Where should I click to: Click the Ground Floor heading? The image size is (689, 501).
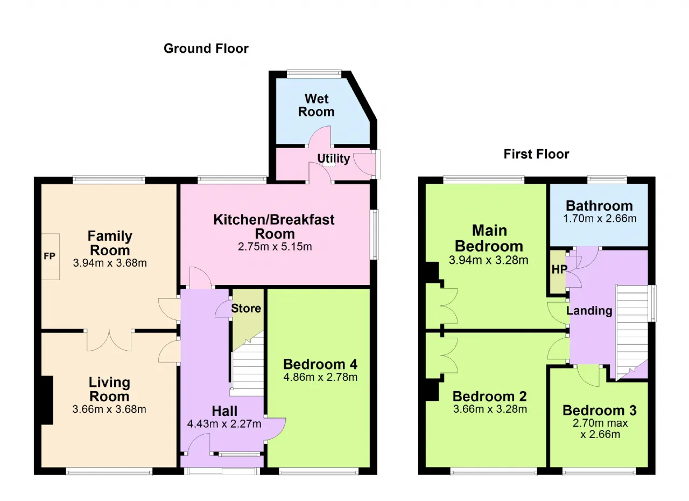click(206, 48)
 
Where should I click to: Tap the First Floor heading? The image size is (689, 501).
click(536, 154)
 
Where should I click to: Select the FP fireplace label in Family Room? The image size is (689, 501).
click(50, 256)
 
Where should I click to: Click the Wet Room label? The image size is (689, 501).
click(316, 105)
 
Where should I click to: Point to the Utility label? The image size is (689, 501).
click(333, 159)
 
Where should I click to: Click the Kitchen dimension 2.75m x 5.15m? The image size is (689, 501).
click(275, 247)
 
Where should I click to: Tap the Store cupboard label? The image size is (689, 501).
click(246, 308)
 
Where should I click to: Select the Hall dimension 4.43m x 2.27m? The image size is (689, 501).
click(224, 424)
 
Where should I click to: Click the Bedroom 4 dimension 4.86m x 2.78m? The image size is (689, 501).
click(320, 377)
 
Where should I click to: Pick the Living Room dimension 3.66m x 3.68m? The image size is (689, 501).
click(109, 409)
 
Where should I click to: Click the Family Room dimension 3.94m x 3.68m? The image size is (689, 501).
click(110, 263)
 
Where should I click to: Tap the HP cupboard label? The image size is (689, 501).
click(559, 269)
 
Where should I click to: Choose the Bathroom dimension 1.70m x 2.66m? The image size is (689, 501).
click(600, 219)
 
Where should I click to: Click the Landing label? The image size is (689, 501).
click(589, 311)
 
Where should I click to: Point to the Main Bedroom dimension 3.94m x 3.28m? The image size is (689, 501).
click(488, 260)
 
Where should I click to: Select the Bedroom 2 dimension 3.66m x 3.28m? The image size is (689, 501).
click(490, 409)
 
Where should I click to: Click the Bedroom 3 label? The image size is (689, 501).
click(600, 410)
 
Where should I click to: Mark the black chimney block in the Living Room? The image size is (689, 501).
click(47, 400)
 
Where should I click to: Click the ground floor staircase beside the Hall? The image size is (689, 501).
click(247, 364)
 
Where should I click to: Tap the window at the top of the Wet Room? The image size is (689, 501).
click(314, 74)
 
